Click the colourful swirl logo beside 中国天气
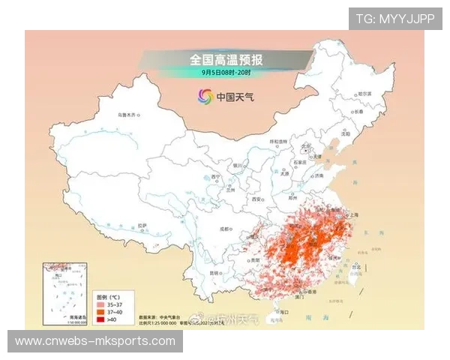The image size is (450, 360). click(205, 96)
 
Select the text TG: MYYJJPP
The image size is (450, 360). click(395, 19)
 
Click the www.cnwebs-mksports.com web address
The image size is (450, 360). click(95, 341)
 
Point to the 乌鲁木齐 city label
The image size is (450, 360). click(127, 115)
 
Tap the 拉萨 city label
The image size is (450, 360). click(142, 225)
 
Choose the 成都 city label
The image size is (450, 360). click(224, 229)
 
